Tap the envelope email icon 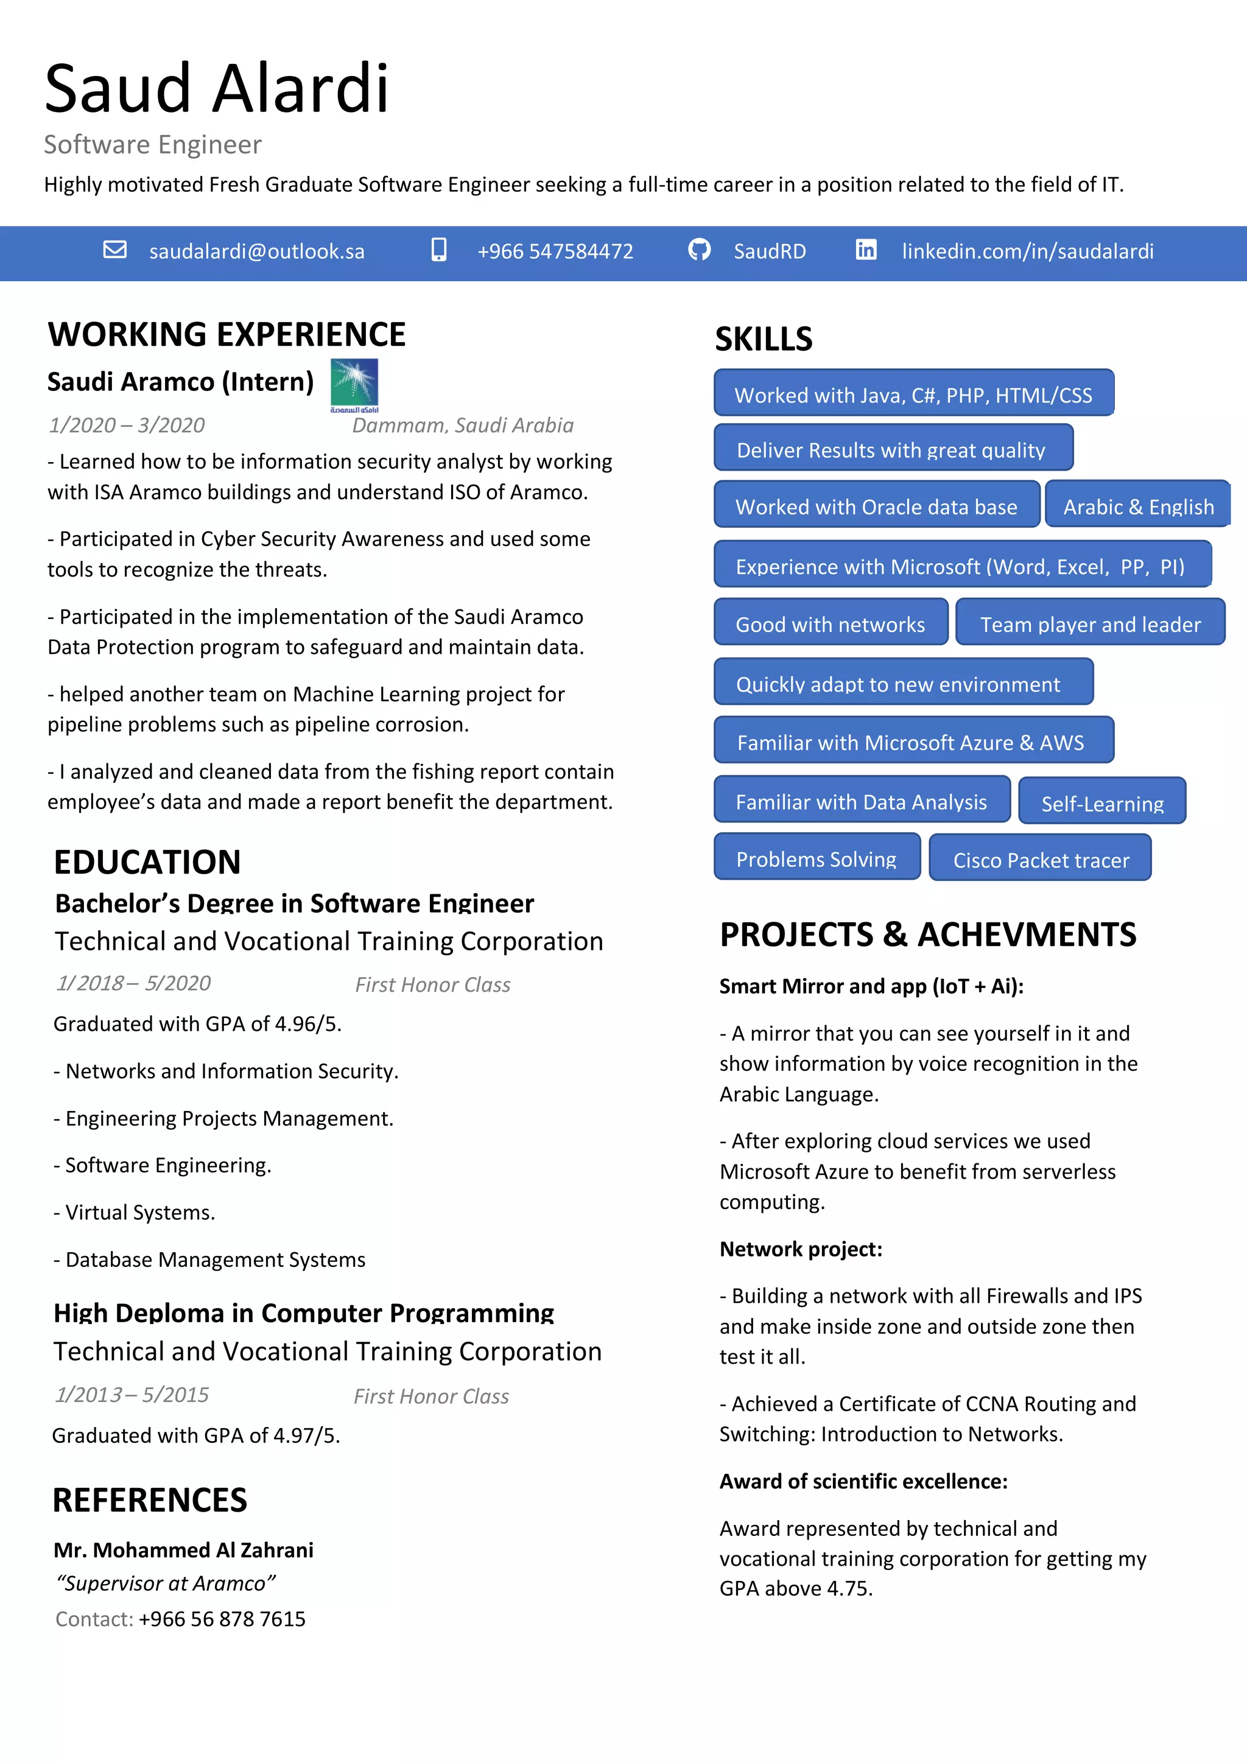pyautogui.click(x=115, y=250)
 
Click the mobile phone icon pyautogui.click(x=438, y=250)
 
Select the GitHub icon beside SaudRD pyautogui.click(x=699, y=250)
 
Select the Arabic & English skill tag pyautogui.click(x=1138, y=506)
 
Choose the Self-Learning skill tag pyautogui.click(x=1102, y=802)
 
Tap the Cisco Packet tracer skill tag pyautogui.click(x=1041, y=859)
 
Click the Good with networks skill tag pyautogui.click(x=830, y=623)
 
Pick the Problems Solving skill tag pyautogui.click(x=817, y=858)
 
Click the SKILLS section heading pyautogui.click(x=764, y=338)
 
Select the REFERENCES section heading pyautogui.click(x=150, y=1499)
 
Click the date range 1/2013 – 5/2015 pyautogui.click(x=132, y=1395)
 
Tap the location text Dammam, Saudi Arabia pyautogui.click(x=462, y=426)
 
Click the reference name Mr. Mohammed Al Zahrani pyautogui.click(x=183, y=1549)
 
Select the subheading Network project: pyautogui.click(x=801, y=1249)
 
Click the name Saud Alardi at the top pyautogui.click(x=217, y=88)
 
